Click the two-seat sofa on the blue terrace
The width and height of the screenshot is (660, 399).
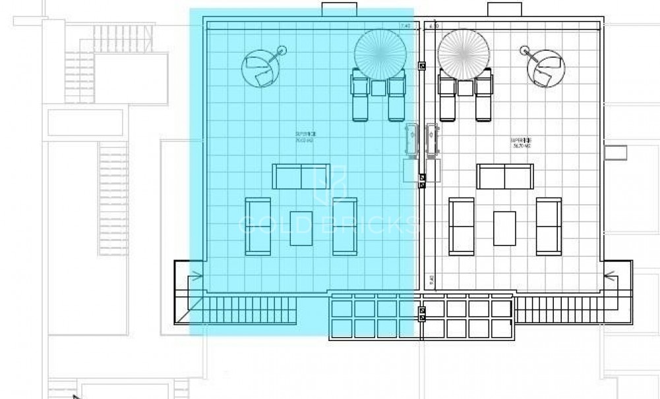pos(301,176)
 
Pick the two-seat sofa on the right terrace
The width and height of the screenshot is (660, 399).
pos(505,176)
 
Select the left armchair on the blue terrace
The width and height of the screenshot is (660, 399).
pos(258,226)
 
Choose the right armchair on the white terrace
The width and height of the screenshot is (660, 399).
pos(549,226)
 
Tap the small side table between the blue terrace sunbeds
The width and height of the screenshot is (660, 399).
pos(378,88)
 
